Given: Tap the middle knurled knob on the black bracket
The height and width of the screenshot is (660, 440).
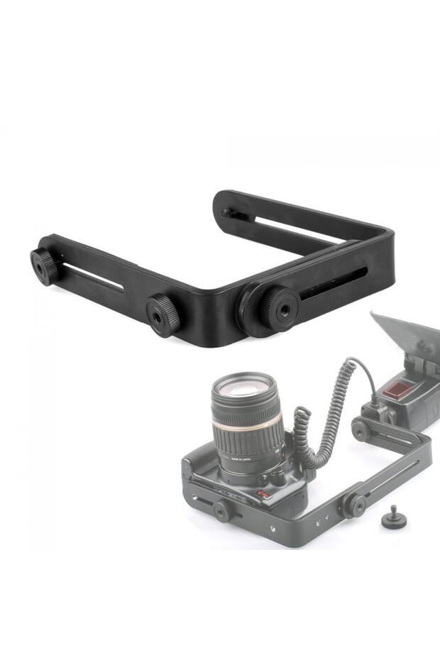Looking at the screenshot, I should coord(163,314).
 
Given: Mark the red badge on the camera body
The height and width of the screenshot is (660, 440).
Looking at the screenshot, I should coord(265,495).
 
